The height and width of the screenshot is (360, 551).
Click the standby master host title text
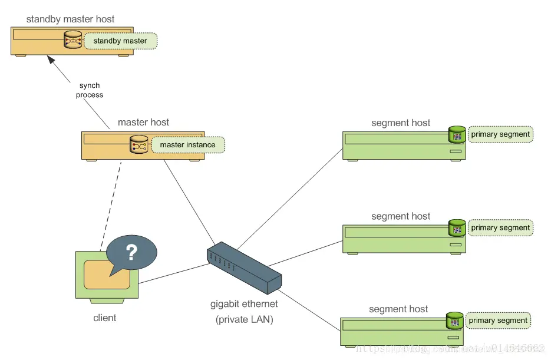[x=70, y=19]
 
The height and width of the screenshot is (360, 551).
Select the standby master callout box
[x=120, y=41]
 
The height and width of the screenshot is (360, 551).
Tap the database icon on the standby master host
[x=73, y=41]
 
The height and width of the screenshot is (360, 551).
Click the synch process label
[x=90, y=90]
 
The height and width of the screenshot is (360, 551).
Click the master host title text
[x=143, y=123]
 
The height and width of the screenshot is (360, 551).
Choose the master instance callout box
[x=187, y=145]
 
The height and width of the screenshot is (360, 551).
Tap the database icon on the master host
[x=139, y=144]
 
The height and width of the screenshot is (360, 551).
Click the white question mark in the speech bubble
[x=131, y=253]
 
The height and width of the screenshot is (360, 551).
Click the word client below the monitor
[x=105, y=318]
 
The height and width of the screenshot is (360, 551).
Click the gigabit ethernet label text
[x=244, y=305]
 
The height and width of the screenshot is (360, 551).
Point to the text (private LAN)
[x=244, y=320]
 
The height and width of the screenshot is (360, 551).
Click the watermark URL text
[x=448, y=349]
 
